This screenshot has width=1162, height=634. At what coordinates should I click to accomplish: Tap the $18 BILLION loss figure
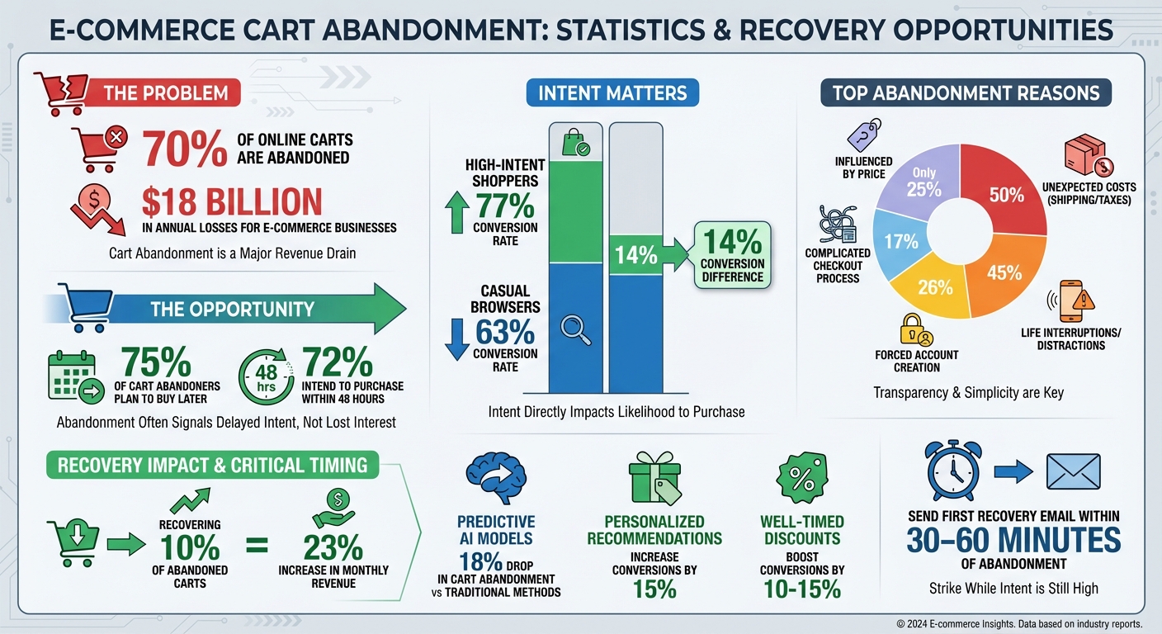(231, 202)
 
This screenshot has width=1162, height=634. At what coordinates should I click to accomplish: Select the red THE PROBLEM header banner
(165, 92)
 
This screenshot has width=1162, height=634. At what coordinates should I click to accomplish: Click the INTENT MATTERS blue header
(612, 92)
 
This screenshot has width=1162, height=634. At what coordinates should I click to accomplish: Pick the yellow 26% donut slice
(935, 286)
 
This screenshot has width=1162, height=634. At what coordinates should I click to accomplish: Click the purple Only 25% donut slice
(923, 182)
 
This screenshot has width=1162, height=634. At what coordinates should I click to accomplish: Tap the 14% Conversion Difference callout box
(732, 254)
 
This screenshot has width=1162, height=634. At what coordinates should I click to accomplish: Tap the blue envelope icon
(1073, 471)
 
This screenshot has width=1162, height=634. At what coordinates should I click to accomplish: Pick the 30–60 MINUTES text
(1013, 541)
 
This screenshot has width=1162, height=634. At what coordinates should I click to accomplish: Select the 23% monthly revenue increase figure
(333, 547)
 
